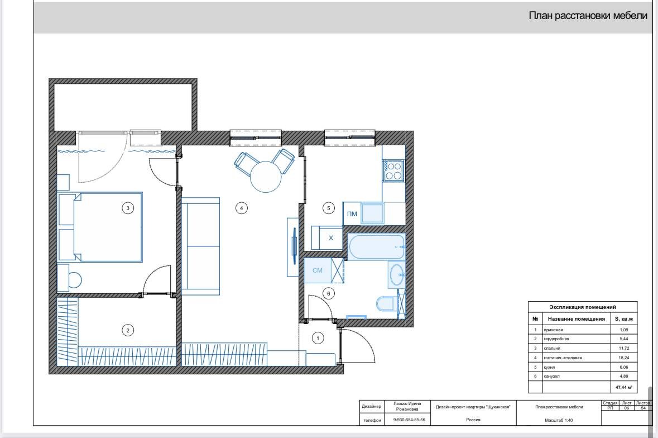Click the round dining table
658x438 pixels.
266,177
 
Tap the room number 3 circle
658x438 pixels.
128,207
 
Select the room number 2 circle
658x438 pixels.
128,331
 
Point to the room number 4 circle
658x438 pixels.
241,208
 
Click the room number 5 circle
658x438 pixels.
329,208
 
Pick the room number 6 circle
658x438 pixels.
329,294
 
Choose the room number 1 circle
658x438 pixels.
318,338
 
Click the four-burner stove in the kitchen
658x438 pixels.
393,171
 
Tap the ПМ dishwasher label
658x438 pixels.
352,214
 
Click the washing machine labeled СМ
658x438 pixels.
318,270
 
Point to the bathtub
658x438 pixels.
376,247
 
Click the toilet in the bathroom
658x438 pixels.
385,303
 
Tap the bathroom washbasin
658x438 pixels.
397,275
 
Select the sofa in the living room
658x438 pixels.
200,246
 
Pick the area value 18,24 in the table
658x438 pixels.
623,358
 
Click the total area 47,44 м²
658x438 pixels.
623,387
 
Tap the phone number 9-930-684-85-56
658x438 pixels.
409,420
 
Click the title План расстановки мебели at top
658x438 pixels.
588,16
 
